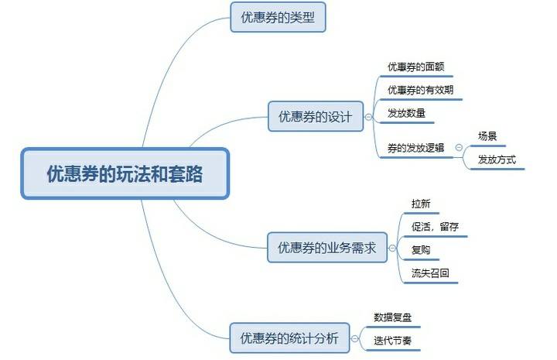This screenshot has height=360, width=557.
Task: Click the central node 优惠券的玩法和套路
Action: point(125,173)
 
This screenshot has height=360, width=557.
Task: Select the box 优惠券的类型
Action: point(278,17)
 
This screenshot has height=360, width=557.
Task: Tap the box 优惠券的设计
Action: point(316,116)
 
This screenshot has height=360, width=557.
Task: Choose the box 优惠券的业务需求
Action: point(327,247)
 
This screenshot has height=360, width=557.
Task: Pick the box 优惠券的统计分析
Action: point(289,338)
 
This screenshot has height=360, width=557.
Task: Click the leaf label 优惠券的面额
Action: point(416,67)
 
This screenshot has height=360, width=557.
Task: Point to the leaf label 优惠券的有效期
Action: point(421,90)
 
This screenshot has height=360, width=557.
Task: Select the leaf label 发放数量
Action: point(406,113)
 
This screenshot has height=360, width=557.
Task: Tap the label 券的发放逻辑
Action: point(415,148)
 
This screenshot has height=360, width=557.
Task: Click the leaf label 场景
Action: point(487,136)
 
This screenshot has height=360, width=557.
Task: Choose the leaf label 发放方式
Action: point(497,159)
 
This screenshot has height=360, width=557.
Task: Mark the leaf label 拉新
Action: point(421,204)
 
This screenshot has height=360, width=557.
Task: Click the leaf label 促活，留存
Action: point(435,227)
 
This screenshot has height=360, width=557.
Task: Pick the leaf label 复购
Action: point(421,250)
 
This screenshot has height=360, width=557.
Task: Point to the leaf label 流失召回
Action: point(430,273)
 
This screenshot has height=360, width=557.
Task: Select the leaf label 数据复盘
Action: point(392,317)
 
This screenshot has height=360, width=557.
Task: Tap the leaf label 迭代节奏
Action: point(392,341)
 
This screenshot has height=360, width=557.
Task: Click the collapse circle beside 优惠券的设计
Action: point(368,117)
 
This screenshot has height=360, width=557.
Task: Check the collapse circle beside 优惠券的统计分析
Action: point(354,338)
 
